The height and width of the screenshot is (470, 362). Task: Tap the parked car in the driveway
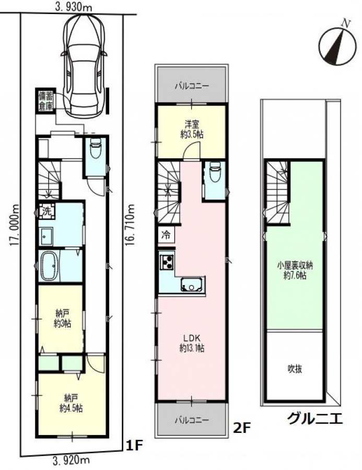tap(84, 66)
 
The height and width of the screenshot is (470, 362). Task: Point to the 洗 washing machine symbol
tap(47, 210)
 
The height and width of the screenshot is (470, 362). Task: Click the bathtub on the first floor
tap(49, 266)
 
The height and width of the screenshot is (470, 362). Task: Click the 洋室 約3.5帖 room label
tap(192, 129)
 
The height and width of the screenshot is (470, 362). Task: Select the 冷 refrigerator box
tap(166, 235)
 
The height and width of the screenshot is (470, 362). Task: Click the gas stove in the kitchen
tap(167, 262)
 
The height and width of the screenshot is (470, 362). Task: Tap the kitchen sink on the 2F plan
tap(193, 285)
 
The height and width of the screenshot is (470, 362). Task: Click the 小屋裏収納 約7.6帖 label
tap(295, 271)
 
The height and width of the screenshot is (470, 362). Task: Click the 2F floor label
tap(242, 428)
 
